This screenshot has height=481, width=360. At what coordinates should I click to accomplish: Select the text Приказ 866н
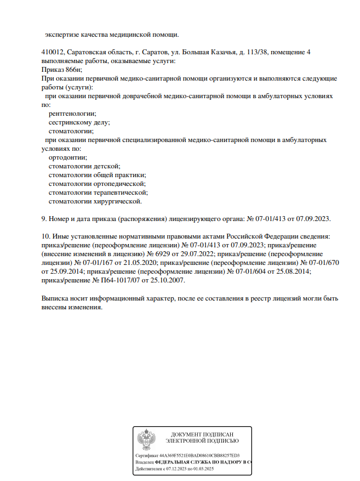[x=61, y=70]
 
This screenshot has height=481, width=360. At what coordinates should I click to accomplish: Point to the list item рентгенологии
[x=72, y=114]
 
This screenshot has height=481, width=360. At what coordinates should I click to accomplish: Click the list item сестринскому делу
[x=79, y=122]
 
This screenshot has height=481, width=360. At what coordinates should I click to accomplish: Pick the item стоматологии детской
[x=84, y=166]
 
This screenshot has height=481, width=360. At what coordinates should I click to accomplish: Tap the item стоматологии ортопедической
[x=97, y=184]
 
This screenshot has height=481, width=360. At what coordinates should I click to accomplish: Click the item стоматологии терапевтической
[x=98, y=193]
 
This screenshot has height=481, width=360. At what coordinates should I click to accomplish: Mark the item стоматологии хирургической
[x=95, y=201]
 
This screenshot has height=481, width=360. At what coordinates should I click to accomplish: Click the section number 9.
[x=44, y=219]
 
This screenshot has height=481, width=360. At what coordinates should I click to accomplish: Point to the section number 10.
[x=45, y=236]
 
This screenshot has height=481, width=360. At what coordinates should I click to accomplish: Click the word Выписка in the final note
[x=56, y=298]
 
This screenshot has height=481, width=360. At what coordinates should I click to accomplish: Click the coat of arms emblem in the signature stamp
[x=146, y=440]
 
